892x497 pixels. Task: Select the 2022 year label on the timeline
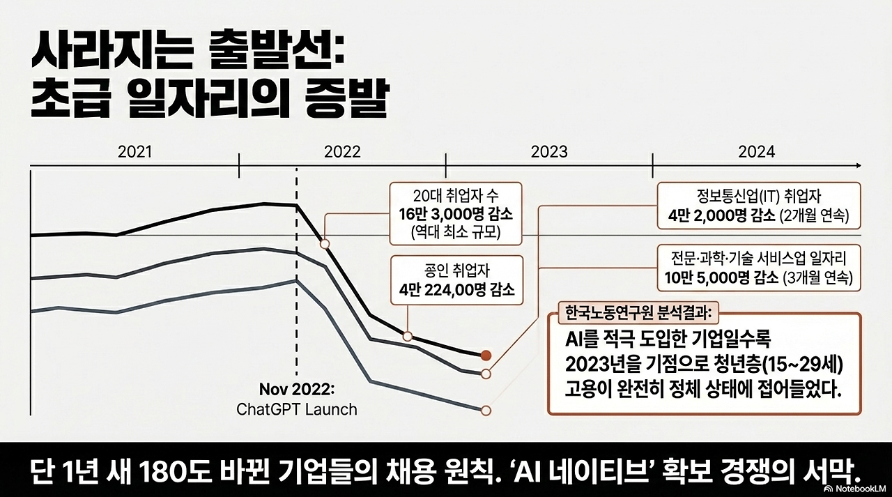[342, 152]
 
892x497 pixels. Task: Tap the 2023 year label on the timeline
[549, 152]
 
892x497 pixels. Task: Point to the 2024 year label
[756, 152]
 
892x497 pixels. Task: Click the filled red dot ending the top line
[486, 355]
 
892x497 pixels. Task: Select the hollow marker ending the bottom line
[486, 410]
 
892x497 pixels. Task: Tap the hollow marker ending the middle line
[486, 374]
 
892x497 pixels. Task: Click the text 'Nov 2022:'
[298, 388]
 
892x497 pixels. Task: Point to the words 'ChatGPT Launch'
[297, 408]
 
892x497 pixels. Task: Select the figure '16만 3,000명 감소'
[456, 213]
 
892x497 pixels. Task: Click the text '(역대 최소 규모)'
[456, 231]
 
